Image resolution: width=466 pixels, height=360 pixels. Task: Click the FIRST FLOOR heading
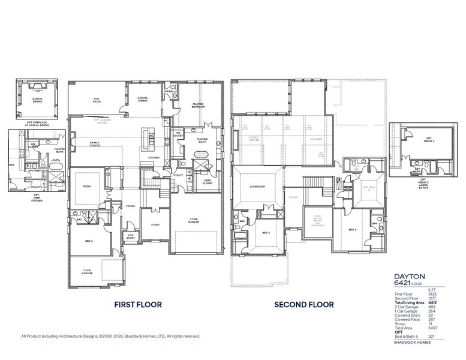[x=137, y=305]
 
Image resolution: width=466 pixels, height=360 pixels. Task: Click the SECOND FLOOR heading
[x=303, y=305]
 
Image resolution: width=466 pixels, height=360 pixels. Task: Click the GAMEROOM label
[x=257, y=187]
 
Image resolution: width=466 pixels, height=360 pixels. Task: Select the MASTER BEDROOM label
[x=198, y=106]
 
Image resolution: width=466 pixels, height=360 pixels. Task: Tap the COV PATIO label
[x=96, y=100]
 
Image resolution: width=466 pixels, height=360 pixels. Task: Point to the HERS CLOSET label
[x=207, y=182]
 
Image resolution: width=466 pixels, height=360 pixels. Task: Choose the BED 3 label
[x=266, y=232]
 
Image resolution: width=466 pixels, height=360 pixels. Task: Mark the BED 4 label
[x=353, y=229]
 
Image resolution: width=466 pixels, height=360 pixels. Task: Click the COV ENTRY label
[x=130, y=236]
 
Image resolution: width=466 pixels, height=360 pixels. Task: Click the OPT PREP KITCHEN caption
[x=37, y=197]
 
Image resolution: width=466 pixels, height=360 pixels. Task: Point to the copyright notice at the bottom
[x=110, y=337]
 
